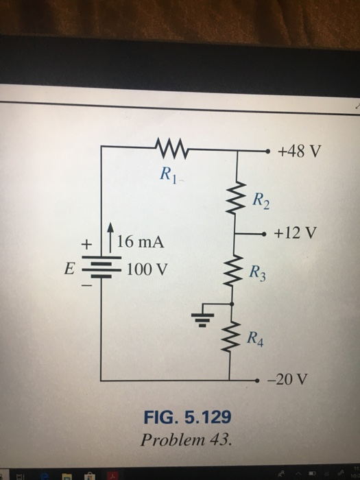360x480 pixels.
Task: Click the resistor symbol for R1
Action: pos(169,146)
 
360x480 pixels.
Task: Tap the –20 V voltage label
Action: pos(293,379)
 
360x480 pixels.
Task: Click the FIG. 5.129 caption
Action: pos(187,416)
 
